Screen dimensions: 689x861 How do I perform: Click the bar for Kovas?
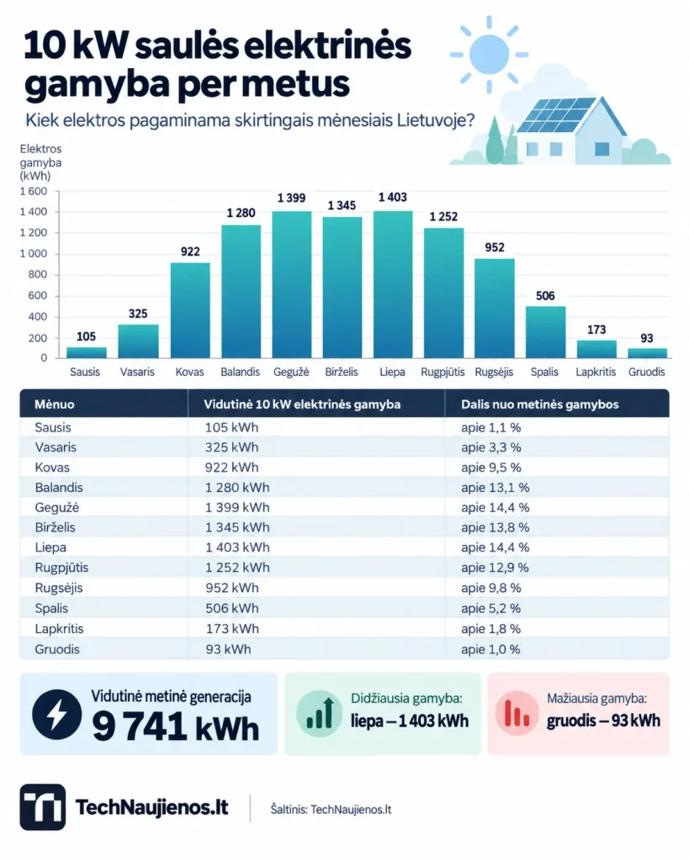[x=190, y=310]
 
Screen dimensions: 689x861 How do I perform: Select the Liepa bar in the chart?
[x=393, y=284]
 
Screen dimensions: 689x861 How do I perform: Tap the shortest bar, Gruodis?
[x=647, y=353]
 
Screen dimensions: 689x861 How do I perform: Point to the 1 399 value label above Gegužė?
[x=291, y=198]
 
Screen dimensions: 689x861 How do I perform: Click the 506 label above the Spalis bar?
[x=545, y=296]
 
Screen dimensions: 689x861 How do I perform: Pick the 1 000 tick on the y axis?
[x=34, y=254]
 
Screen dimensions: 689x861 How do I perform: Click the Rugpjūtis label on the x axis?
[x=443, y=372]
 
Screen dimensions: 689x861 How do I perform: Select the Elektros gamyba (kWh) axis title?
[x=40, y=162]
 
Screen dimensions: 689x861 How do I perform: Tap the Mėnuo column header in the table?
[x=55, y=404]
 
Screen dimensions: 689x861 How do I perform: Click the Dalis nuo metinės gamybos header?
[x=539, y=404]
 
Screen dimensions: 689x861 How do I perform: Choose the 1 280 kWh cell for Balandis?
[x=237, y=488]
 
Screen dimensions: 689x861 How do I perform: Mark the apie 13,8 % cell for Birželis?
[x=495, y=527]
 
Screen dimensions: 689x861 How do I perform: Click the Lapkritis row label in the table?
[x=60, y=629]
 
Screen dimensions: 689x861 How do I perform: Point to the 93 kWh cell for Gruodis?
[x=228, y=649]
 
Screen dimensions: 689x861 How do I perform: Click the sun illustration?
[x=489, y=55]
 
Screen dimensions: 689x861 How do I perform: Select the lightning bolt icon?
[x=57, y=714]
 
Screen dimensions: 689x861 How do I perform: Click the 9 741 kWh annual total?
[x=175, y=726]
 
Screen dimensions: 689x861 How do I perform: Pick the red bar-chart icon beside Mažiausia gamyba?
[x=517, y=713]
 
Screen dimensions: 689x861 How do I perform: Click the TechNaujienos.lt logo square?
[x=43, y=806]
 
